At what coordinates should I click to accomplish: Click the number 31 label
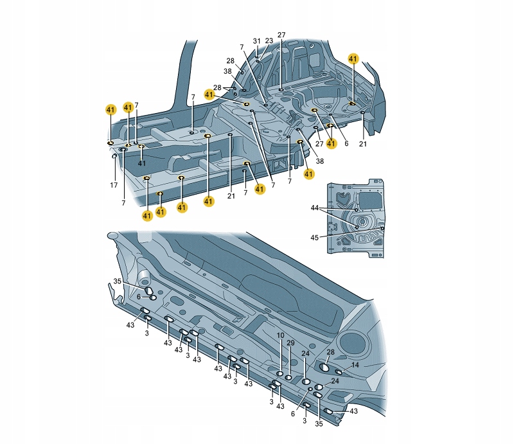click(x=256, y=41)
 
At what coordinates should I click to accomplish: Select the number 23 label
click(x=269, y=40)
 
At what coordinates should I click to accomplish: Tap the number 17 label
click(x=114, y=185)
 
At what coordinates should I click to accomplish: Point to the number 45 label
click(x=314, y=237)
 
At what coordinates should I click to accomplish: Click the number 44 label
click(x=315, y=208)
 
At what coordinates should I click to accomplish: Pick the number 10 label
click(x=280, y=335)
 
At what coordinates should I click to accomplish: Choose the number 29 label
click(x=291, y=343)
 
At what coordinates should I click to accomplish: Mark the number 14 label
click(x=355, y=365)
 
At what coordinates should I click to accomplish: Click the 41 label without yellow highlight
click(x=141, y=163)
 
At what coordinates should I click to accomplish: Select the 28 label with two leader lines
click(x=217, y=87)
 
